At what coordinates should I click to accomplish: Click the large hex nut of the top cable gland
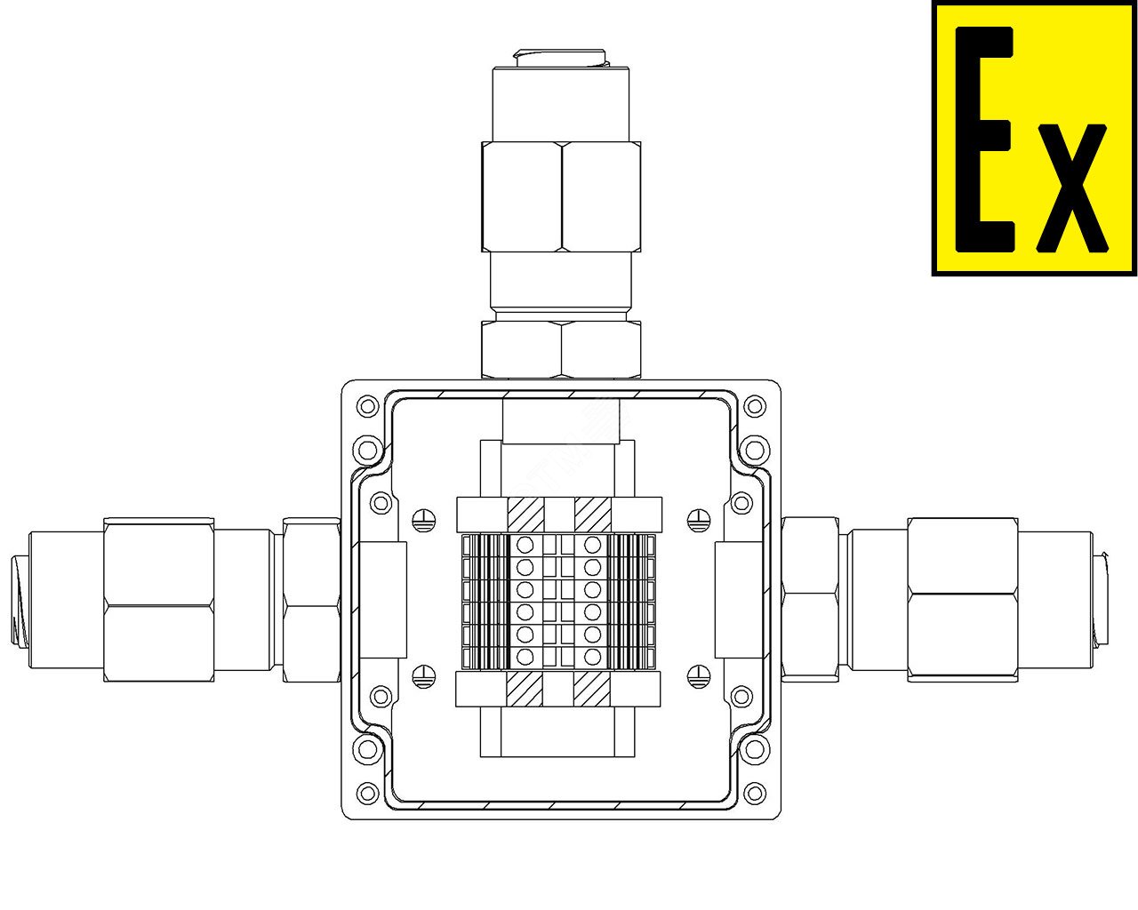[561, 196]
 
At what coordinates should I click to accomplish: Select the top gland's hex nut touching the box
[561, 349]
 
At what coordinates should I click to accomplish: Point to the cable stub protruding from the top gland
[560, 59]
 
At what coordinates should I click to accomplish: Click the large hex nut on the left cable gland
[159, 600]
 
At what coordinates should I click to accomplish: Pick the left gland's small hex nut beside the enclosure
[311, 600]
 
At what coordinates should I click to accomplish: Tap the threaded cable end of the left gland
[20, 600]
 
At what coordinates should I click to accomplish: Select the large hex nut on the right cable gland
[963, 600]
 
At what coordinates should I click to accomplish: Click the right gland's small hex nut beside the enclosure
[810, 600]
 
